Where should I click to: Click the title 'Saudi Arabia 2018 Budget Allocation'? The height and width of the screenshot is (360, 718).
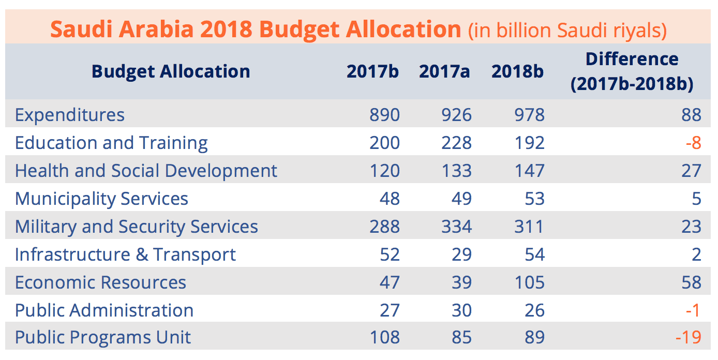[256, 29]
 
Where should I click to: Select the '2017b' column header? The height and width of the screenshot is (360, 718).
[372, 71]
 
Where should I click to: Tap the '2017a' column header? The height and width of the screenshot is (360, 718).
[444, 71]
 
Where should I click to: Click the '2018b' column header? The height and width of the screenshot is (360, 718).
[517, 71]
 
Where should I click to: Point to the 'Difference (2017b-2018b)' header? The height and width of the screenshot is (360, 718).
[632, 71]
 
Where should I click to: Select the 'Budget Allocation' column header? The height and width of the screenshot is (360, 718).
[171, 71]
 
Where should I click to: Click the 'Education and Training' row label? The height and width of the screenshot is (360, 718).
[111, 143]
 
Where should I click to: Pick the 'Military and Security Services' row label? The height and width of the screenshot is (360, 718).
[137, 227]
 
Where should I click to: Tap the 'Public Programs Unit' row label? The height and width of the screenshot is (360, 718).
[103, 338]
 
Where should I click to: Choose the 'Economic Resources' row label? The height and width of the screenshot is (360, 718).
[100, 282]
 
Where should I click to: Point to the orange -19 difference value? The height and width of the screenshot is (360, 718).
[688, 338]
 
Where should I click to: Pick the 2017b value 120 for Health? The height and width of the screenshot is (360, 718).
[384, 171]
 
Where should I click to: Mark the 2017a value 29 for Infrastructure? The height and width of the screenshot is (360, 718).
[460, 254]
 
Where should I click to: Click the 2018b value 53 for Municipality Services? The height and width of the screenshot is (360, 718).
[533, 199]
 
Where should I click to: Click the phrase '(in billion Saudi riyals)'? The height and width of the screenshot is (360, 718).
[567, 31]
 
